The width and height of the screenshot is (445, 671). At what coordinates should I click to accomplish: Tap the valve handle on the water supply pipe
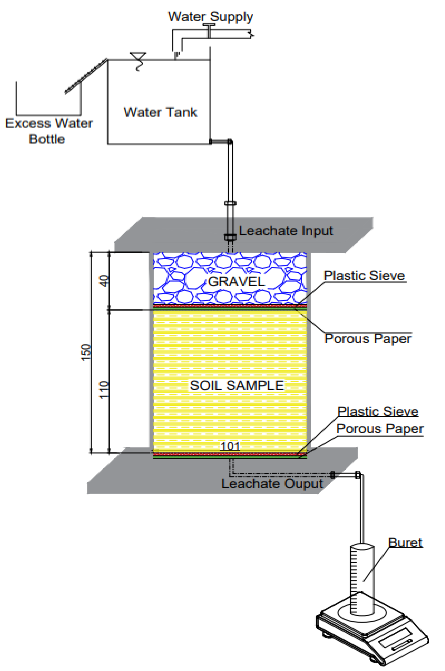click(x=209, y=25)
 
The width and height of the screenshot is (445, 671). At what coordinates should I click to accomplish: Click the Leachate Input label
click(x=286, y=231)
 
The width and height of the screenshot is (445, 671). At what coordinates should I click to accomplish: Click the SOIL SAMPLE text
click(x=237, y=386)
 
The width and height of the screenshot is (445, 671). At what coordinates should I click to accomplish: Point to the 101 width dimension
click(x=230, y=446)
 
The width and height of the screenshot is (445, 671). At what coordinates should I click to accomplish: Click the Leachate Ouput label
click(x=272, y=483)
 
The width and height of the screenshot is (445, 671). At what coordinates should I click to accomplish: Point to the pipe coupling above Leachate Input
click(x=230, y=203)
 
